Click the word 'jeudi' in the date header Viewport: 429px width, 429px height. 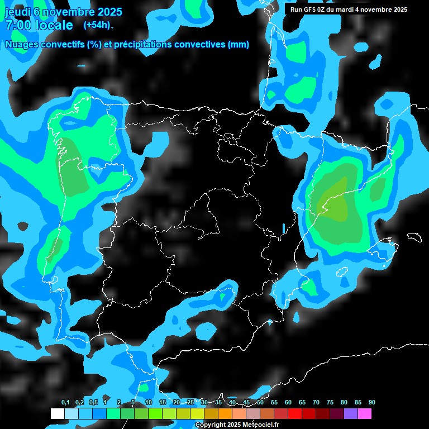17,12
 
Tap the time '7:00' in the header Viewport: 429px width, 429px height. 17,26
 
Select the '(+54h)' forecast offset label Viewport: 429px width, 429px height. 98,25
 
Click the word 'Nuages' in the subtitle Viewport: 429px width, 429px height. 21,45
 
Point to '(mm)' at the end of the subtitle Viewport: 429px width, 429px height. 239,45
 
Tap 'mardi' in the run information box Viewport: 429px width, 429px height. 349,9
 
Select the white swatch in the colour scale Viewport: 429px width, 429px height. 57,414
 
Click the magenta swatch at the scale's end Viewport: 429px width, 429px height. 365,414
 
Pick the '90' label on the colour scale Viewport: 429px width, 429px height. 371,403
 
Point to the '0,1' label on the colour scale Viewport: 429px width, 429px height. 65,403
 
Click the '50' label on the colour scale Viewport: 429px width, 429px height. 260,403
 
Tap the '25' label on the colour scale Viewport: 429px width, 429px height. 190,403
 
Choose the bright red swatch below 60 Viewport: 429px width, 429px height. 295,414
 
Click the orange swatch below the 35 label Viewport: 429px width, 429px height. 225,414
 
